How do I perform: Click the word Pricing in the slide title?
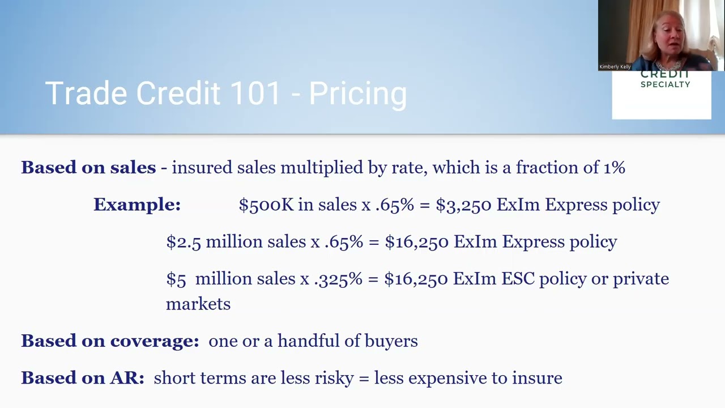(x=358, y=94)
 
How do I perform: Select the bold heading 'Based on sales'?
(x=88, y=168)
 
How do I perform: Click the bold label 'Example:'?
(x=137, y=205)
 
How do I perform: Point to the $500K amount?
(x=266, y=205)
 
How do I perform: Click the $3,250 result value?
(x=463, y=205)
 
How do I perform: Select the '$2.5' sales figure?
(x=184, y=242)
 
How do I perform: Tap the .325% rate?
(x=338, y=279)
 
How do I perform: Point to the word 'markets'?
(x=198, y=304)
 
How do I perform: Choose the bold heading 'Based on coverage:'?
(x=110, y=341)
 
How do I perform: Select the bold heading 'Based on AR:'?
(x=83, y=378)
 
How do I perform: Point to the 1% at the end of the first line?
(x=614, y=168)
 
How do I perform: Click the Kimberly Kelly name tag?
(x=615, y=67)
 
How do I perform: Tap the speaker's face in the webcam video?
(x=669, y=40)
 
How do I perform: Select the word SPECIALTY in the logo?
(x=665, y=84)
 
